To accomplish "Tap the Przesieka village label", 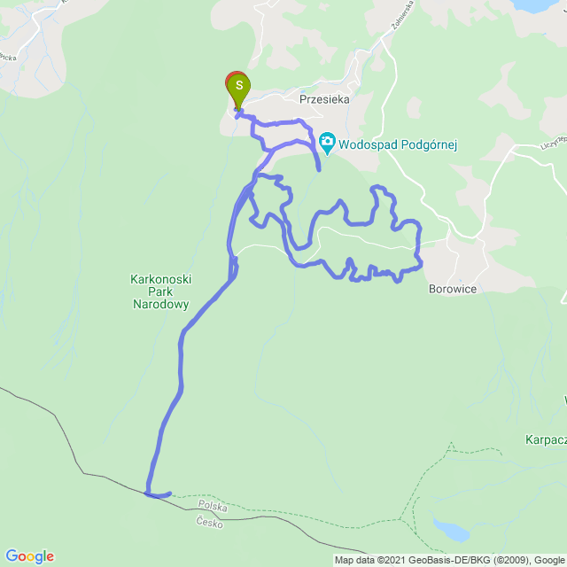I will pyautogui.click(x=324, y=100).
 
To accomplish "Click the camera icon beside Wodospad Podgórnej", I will pyautogui.click(x=327, y=142).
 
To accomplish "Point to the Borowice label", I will pyautogui.click(x=453, y=289).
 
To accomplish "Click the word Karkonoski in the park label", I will pyautogui.click(x=160, y=279).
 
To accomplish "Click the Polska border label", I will pyautogui.click(x=213, y=507).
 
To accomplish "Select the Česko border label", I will pyautogui.click(x=211, y=523).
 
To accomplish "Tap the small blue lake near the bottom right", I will pyautogui.click(x=450, y=531).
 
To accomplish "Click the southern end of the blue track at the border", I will pyautogui.click(x=168, y=494).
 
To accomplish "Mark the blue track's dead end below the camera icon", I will pyautogui.click(x=318, y=167).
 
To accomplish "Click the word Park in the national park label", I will pyautogui.click(x=159, y=291).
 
